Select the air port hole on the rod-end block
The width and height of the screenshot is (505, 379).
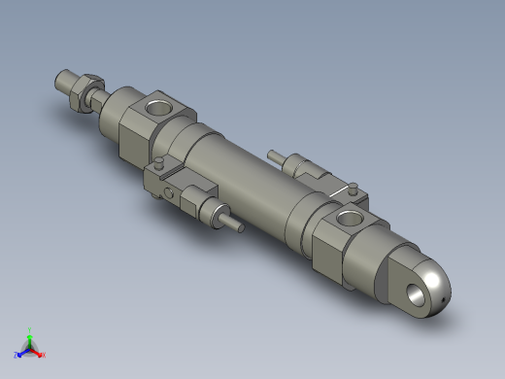157,104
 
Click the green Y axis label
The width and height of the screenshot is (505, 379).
30,329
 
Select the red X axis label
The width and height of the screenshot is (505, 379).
44,354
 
